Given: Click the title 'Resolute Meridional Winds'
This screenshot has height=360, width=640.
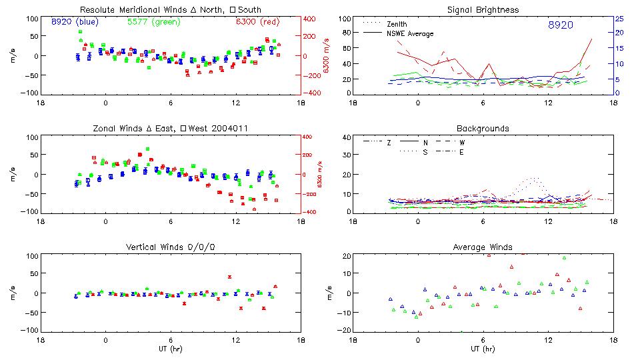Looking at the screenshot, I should pos(124,10).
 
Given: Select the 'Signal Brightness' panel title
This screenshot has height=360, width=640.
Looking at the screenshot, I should pos(483,10).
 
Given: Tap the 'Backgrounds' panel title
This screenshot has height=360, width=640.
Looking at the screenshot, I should pos(483,128).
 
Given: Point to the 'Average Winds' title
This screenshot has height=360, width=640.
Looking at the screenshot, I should pos(483,247).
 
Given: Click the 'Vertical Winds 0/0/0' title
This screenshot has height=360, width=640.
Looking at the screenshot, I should pos(170,247).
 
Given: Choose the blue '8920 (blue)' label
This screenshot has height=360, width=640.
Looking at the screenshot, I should pos(75,21).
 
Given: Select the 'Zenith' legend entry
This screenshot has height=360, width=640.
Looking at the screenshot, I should pos(397,24).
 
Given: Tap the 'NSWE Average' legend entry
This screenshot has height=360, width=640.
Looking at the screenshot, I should pos(410,33).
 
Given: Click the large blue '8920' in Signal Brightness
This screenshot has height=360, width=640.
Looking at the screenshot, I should pos(561,25).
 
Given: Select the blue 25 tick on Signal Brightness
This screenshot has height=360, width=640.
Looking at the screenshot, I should pos(619,19).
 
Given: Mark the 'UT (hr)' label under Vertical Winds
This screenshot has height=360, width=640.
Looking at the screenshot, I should pos(170,349).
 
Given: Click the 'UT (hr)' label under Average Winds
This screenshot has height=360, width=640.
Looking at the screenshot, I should pos(483,349).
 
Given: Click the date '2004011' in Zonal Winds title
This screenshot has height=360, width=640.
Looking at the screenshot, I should pos(223,128).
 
